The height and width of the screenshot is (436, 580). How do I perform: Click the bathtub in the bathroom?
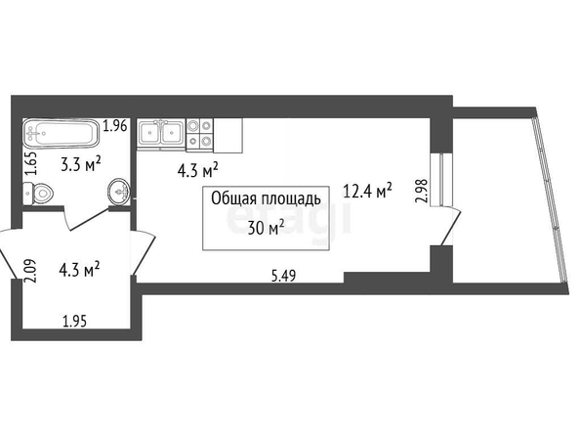[x=62, y=133]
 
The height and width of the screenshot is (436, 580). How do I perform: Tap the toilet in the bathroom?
[x=38, y=194]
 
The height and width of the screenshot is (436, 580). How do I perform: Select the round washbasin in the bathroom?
[x=118, y=192]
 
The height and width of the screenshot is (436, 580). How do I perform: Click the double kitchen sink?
[x=161, y=133]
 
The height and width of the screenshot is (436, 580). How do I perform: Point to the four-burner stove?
[x=200, y=135]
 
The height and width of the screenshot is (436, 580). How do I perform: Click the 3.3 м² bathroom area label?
[x=81, y=164]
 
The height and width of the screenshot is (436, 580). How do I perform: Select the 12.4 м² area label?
[x=368, y=191]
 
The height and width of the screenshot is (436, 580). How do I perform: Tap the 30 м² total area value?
[x=266, y=228]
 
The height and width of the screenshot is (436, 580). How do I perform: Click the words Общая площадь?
[x=266, y=198]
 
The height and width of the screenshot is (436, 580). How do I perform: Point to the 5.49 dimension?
[x=284, y=276]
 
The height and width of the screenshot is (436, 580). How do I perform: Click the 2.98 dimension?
[x=422, y=191]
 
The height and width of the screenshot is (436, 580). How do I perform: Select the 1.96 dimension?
[x=115, y=126]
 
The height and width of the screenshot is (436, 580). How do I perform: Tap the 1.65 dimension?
[x=31, y=164]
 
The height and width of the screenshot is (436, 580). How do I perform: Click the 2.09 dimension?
[x=30, y=271]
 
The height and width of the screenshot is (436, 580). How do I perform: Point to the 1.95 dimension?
[x=75, y=321]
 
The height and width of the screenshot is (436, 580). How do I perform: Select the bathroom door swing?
[x=86, y=219]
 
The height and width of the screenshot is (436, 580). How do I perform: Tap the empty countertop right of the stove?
[x=228, y=136]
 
